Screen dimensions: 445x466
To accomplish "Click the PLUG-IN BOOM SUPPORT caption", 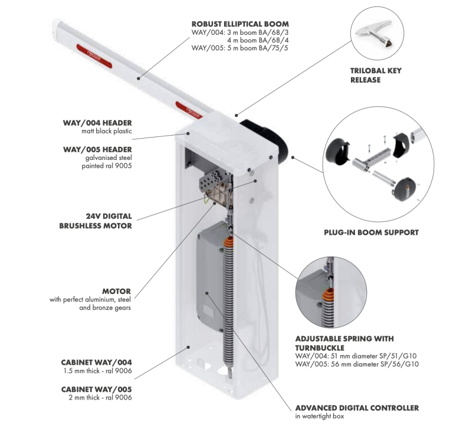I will (371, 233).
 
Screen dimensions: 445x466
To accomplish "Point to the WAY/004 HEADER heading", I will (97, 123).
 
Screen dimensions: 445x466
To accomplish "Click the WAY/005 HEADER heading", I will (97, 149).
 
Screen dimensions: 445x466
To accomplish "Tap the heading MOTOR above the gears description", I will (116, 291).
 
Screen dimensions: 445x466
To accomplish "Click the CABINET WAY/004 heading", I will (97, 362).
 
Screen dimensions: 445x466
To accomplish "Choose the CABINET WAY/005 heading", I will (97, 390).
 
